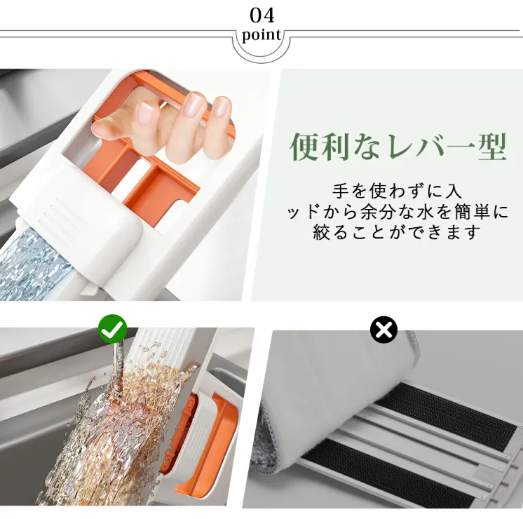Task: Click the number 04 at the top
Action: tap(262, 15)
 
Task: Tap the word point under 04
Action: tap(261, 35)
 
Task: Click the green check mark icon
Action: tap(113, 329)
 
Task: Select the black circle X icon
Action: tap(383, 330)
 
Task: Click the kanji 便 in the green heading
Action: tap(304, 147)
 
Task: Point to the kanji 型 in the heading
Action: tap(492, 147)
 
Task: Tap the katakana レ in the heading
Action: tap(402, 147)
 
